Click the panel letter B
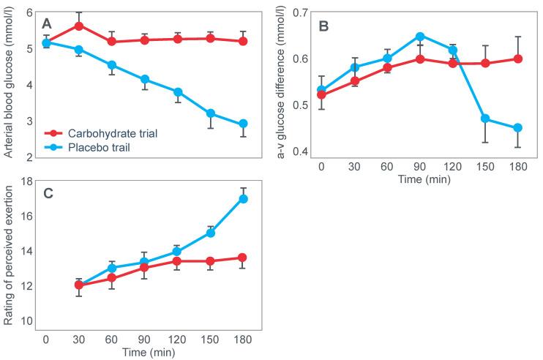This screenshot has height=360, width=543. pos(324,26)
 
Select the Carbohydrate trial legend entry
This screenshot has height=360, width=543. pos(110,134)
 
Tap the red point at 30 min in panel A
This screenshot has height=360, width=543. pos(79,26)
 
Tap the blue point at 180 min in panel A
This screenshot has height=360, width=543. pos(243,124)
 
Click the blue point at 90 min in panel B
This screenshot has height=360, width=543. pos(420,36)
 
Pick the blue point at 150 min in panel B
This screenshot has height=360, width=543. pos(484,119)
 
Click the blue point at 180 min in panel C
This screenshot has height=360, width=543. pos(243,198)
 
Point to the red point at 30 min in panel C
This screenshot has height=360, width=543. pos(79,285)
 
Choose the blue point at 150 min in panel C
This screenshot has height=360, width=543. pos(211,233)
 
